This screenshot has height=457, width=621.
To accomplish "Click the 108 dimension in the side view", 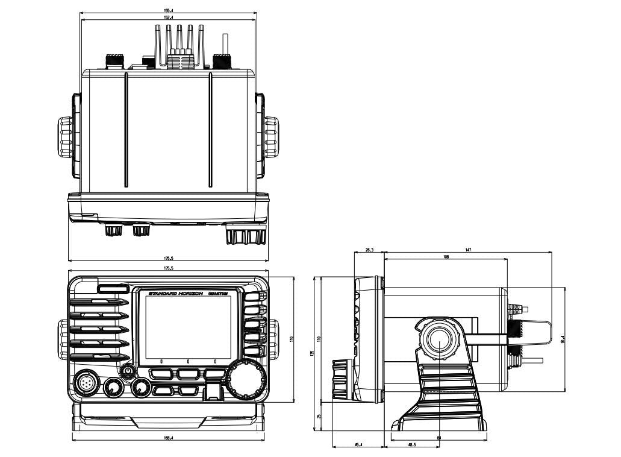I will coord(446,256).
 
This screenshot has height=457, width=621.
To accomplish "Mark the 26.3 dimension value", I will coord(369,249).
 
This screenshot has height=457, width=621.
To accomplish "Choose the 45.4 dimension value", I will coord(358,445).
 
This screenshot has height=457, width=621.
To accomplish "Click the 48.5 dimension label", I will coord(411,445).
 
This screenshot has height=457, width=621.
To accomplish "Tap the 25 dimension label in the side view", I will coord(319,417).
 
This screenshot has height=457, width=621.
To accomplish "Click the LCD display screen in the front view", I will coord(188,326).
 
